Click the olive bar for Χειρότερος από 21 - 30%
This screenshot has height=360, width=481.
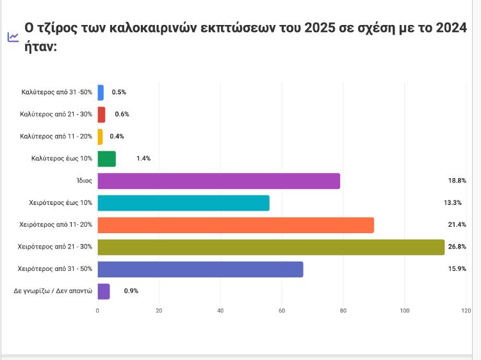(x=270, y=247)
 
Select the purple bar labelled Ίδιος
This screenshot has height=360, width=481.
(x=218, y=181)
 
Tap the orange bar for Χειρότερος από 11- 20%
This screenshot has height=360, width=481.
(x=235, y=225)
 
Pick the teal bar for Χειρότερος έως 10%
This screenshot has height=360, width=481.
(x=183, y=203)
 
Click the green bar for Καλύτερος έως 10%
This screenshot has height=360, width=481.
(x=106, y=159)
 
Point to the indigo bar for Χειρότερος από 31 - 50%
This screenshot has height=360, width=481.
(x=200, y=270)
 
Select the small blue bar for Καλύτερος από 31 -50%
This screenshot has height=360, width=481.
(x=101, y=92)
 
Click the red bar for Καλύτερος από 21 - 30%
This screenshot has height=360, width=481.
(x=101, y=115)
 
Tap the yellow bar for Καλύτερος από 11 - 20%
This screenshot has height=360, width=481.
(x=100, y=136)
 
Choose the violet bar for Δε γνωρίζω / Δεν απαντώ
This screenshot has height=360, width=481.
(x=104, y=291)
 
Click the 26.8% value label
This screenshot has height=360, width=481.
(x=456, y=247)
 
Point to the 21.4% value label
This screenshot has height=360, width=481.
(x=456, y=225)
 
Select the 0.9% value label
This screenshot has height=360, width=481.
(x=131, y=291)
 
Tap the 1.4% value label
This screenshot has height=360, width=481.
(x=143, y=159)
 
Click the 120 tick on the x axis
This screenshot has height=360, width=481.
(x=466, y=311)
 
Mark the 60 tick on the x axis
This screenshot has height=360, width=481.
(x=282, y=311)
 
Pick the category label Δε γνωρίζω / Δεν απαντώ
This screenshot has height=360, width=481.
(x=53, y=291)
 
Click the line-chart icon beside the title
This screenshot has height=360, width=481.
(x=13, y=37)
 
